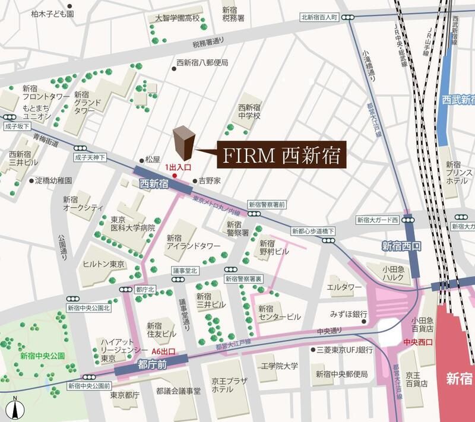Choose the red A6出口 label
coord(167,351)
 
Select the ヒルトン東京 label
coord(103,264)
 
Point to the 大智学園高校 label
coord(178,18)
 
